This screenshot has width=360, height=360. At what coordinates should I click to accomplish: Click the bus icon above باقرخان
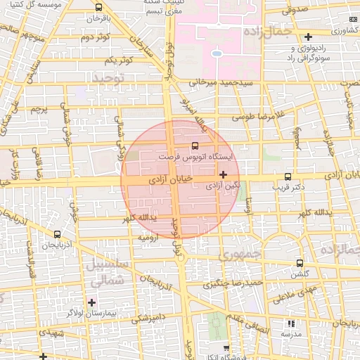98,8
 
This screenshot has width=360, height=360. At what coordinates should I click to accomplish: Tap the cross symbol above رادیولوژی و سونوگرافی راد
308,37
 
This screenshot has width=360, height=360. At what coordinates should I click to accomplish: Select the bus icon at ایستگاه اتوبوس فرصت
194,146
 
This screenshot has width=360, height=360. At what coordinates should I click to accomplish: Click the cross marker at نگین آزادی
224,174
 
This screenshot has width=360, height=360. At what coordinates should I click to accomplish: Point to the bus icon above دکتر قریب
287,177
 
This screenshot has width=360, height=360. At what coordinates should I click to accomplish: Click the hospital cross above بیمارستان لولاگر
91,302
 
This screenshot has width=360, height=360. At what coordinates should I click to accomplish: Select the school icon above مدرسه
291,323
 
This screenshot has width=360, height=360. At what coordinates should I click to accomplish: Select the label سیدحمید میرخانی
219,83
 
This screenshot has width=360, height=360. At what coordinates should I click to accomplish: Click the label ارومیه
148,238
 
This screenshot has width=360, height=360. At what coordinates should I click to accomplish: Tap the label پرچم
39,110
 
